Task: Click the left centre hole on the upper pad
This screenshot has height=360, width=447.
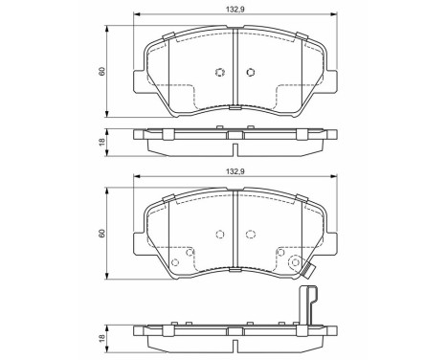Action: [x=219, y=73]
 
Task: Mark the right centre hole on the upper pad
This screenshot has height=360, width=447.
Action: [x=251, y=73]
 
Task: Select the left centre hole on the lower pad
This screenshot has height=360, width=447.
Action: [x=219, y=235]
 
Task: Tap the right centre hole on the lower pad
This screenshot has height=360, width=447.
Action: [x=251, y=235]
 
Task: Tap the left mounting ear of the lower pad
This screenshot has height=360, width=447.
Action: [x=139, y=240]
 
